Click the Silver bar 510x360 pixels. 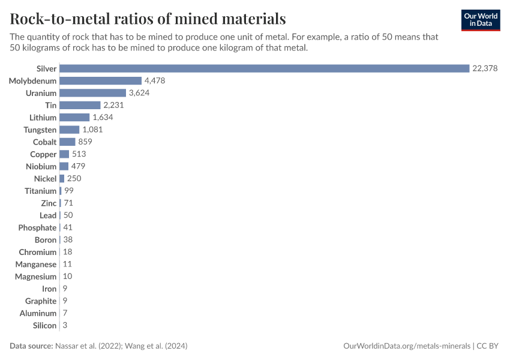tap(264, 68)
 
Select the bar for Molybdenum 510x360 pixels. tap(100, 80)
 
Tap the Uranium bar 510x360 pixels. tap(92, 93)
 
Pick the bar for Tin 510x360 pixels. tap(80, 105)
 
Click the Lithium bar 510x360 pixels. tap(74, 118)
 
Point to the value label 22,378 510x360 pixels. tap(485, 68)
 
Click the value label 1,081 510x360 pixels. tap(93, 130)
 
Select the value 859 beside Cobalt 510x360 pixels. tap(85, 142)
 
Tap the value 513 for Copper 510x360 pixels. tap(79, 154)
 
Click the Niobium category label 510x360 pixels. tap(41, 166)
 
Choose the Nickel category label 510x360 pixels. tap(45, 179)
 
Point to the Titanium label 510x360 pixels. tap(40, 191)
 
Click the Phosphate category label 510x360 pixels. tap(37, 227)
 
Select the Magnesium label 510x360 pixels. tap(36, 277)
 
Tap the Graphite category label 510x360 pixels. tap(41, 301)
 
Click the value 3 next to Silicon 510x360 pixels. tap(64, 325)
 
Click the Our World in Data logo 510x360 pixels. tap(480, 20)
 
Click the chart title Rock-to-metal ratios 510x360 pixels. tap(148, 19)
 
